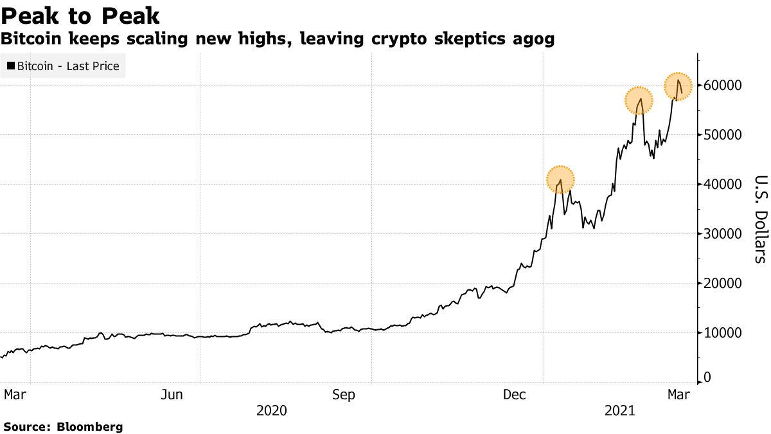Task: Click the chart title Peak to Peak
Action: click(81, 15)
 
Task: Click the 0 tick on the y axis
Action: click(707, 378)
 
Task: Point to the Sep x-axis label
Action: click(344, 395)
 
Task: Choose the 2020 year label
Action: click(271, 410)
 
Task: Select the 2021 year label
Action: click(620, 410)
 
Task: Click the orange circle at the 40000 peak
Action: click(560, 179)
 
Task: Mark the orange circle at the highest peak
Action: click(677, 86)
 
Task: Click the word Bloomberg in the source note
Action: click(90, 426)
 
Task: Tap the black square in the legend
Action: click(10, 66)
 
